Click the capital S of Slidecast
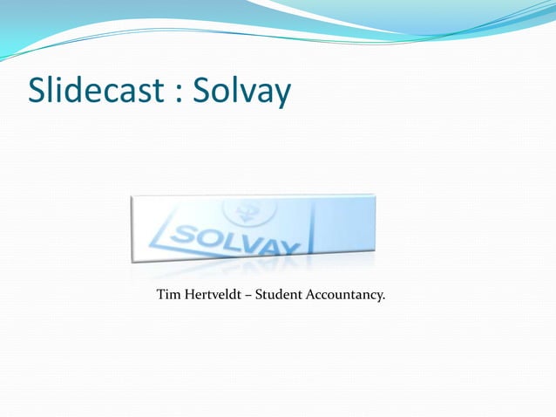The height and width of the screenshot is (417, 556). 37,91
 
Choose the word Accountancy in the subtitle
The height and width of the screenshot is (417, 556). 344,296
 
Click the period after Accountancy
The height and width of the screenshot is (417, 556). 384,299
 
